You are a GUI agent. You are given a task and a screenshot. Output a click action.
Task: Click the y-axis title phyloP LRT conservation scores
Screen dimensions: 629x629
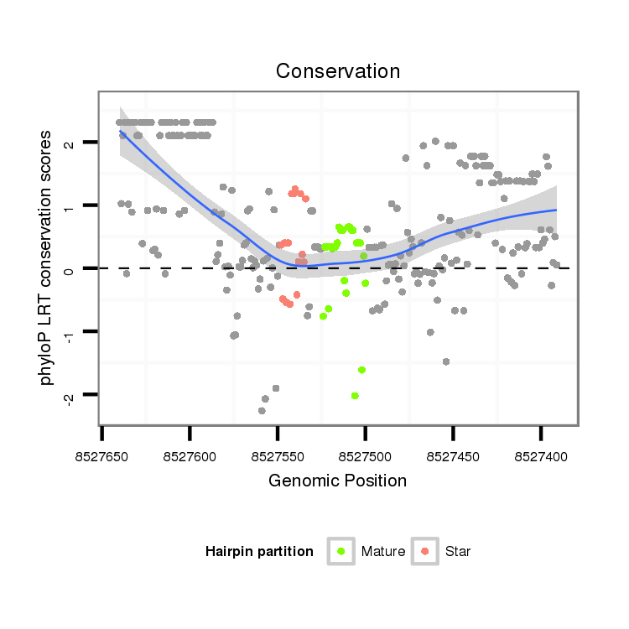pos(47,257)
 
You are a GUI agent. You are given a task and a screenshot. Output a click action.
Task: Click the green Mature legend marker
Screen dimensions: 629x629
pos(341,551)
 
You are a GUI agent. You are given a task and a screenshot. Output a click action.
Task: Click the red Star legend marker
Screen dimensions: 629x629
pos(425,551)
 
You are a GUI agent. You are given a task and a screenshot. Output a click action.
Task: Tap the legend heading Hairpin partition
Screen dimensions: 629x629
pos(259,551)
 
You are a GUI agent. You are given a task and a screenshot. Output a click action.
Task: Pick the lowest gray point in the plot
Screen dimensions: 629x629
pos(263,411)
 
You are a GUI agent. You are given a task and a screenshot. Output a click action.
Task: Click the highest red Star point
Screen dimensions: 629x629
pos(295,190)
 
